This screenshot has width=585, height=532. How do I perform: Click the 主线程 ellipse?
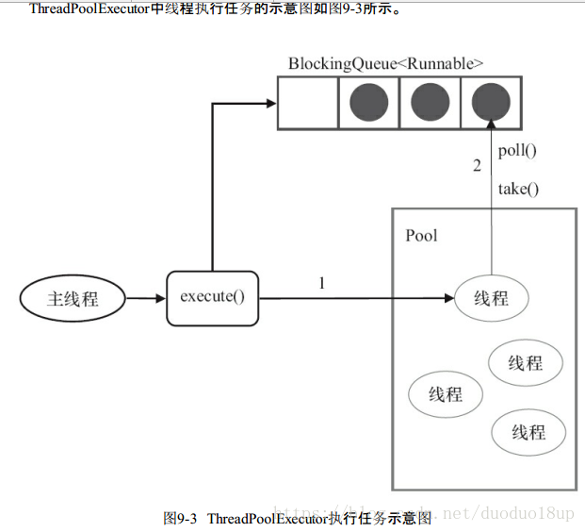coord(73,299)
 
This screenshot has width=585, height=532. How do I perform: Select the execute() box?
coord(212,298)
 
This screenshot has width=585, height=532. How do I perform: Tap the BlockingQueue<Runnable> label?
coord(386,64)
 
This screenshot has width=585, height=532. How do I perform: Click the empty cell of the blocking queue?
coord(308,103)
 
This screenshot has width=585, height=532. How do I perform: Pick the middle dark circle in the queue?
coord(431,103)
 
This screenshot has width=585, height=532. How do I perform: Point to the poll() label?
coord(517,150)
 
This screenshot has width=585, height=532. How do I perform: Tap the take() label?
coord(518,189)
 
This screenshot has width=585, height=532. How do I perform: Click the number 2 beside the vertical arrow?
coord(477,166)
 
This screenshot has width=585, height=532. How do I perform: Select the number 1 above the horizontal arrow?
coord(322,282)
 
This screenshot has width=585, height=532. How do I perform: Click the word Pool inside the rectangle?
coord(421,236)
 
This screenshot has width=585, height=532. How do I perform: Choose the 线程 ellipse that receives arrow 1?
coord(491,299)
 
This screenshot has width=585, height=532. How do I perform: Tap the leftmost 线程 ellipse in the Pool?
coord(446,394)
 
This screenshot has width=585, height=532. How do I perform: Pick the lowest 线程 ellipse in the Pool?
coord(528,433)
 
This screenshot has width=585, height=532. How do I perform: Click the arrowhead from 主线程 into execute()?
coord(160,299)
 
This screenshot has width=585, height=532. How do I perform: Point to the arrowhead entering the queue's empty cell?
coord(271,104)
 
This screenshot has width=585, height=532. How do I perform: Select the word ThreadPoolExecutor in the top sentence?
coord(89,9)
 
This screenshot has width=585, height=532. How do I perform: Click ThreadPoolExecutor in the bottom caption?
coord(267,519)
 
